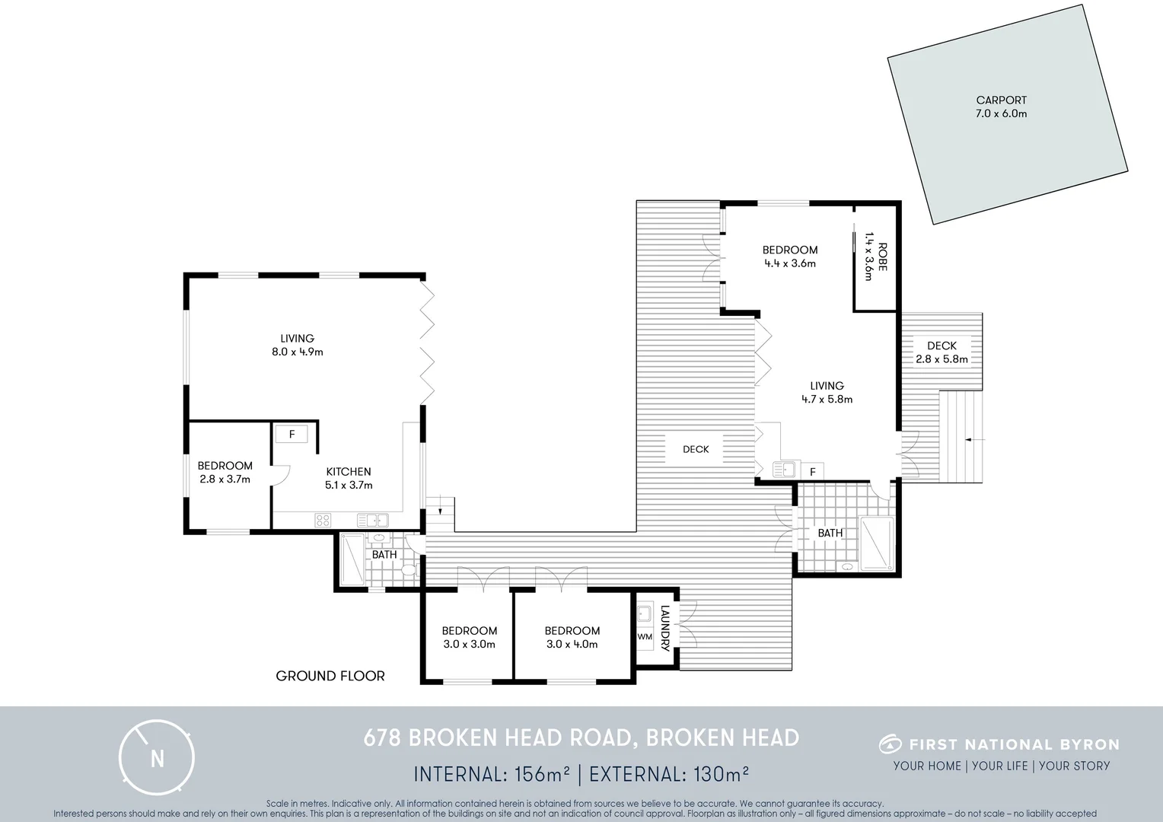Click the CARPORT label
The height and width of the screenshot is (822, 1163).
tap(1001, 100)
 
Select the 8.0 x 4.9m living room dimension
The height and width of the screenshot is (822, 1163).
tap(297, 352)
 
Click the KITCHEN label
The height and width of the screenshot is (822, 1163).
tap(349, 472)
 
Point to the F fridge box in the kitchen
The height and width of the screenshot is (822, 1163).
tap(292, 435)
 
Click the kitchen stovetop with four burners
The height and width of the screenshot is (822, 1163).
tap(323, 521)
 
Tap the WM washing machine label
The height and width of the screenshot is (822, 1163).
tap(645, 636)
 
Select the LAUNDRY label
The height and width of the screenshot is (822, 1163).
tap(664, 629)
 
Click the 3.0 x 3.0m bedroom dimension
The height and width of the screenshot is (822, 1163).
tap(469, 644)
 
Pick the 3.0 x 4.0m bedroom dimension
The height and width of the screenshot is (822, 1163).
tap(572, 644)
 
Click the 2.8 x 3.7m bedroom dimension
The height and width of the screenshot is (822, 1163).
tap(225, 479)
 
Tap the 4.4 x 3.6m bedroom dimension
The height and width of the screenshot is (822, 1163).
tap(790, 263)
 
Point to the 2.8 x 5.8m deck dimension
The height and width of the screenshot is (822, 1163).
tap(942, 359)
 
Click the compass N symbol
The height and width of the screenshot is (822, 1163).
tap(157, 758)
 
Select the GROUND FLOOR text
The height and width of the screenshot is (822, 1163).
tap(330, 676)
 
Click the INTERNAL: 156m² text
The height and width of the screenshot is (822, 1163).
tap(492, 774)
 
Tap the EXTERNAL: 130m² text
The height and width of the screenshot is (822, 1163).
tap(669, 774)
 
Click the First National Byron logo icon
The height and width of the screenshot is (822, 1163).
tap(891, 744)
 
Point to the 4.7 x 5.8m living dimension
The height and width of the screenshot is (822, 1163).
tap(827, 399)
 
